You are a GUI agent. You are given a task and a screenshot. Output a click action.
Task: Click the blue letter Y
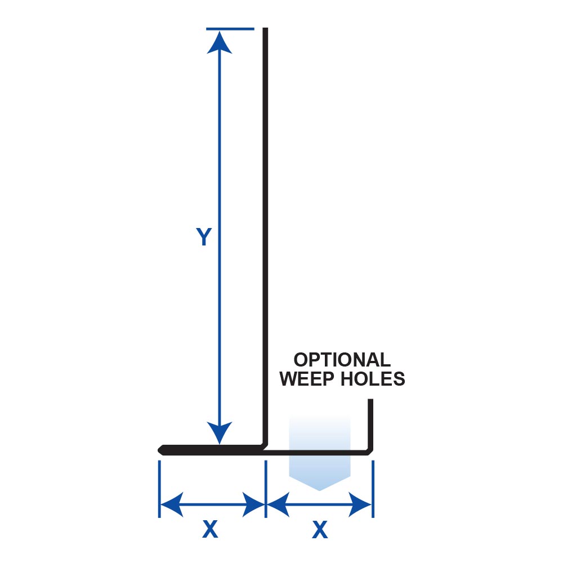(x=203, y=237)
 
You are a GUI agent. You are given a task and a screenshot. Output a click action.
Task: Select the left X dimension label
(x=209, y=529)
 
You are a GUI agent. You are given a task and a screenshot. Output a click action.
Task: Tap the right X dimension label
(x=319, y=529)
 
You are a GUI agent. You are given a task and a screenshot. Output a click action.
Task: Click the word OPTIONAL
(x=342, y=360)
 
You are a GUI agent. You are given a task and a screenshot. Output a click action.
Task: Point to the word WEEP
(x=307, y=379)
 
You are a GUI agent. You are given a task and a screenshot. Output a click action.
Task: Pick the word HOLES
(x=372, y=379)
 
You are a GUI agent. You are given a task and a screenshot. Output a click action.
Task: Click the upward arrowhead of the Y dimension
(x=219, y=42)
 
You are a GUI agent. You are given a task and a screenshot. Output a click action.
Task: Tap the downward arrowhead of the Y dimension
(x=219, y=434)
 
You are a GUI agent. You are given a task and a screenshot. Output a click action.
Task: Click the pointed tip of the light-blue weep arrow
(x=319, y=489)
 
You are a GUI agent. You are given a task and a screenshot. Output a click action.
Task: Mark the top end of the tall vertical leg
(x=265, y=29)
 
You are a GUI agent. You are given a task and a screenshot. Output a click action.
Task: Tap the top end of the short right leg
(x=371, y=401)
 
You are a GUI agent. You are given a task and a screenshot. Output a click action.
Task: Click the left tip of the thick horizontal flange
(x=159, y=449)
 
